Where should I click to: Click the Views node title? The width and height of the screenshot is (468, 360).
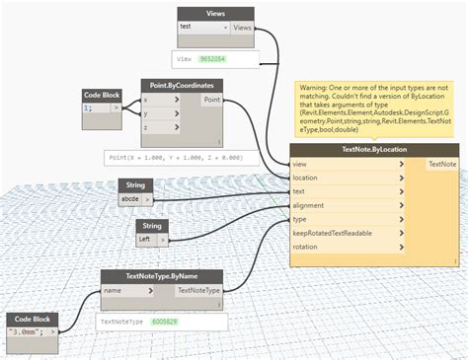[x=215, y=13]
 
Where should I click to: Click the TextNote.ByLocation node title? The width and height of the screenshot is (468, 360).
[x=374, y=149]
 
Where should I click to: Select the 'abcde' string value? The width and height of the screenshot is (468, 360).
[x=130, y=198]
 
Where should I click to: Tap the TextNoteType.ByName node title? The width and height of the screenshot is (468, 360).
[x=162, y=275]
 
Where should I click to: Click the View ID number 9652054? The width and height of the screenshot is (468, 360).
[x=211, y=60]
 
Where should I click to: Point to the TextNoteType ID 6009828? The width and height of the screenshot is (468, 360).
[x=165, y=322]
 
